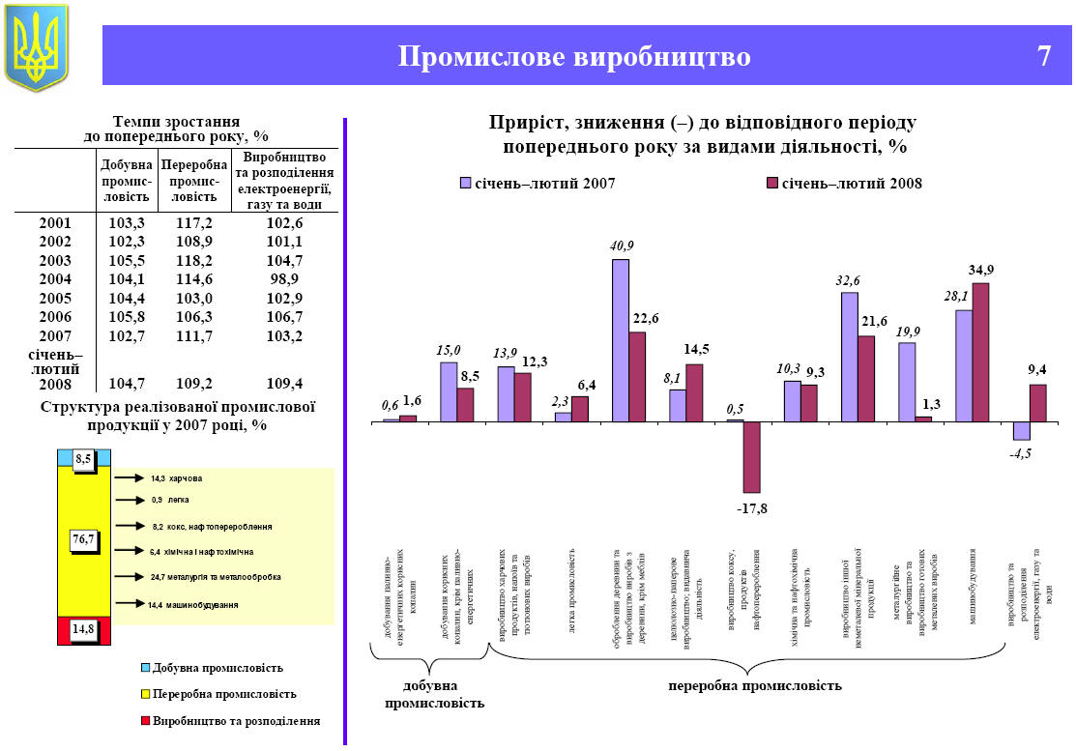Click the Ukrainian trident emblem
pos(37,47)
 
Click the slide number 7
pos(1043,56)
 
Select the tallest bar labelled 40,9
pos(621,340)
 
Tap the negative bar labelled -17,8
pos(751,457)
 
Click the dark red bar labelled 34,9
pos(980,352)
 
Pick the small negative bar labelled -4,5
pos(1021,431)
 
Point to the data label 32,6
pos(848,280)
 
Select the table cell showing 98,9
pos(286,279)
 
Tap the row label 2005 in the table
pos(55,298)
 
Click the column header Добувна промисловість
pos(127,182)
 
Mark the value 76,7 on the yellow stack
pos(83,539)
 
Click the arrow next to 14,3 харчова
pos(128,477)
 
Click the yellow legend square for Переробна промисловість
pos(146,694)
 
